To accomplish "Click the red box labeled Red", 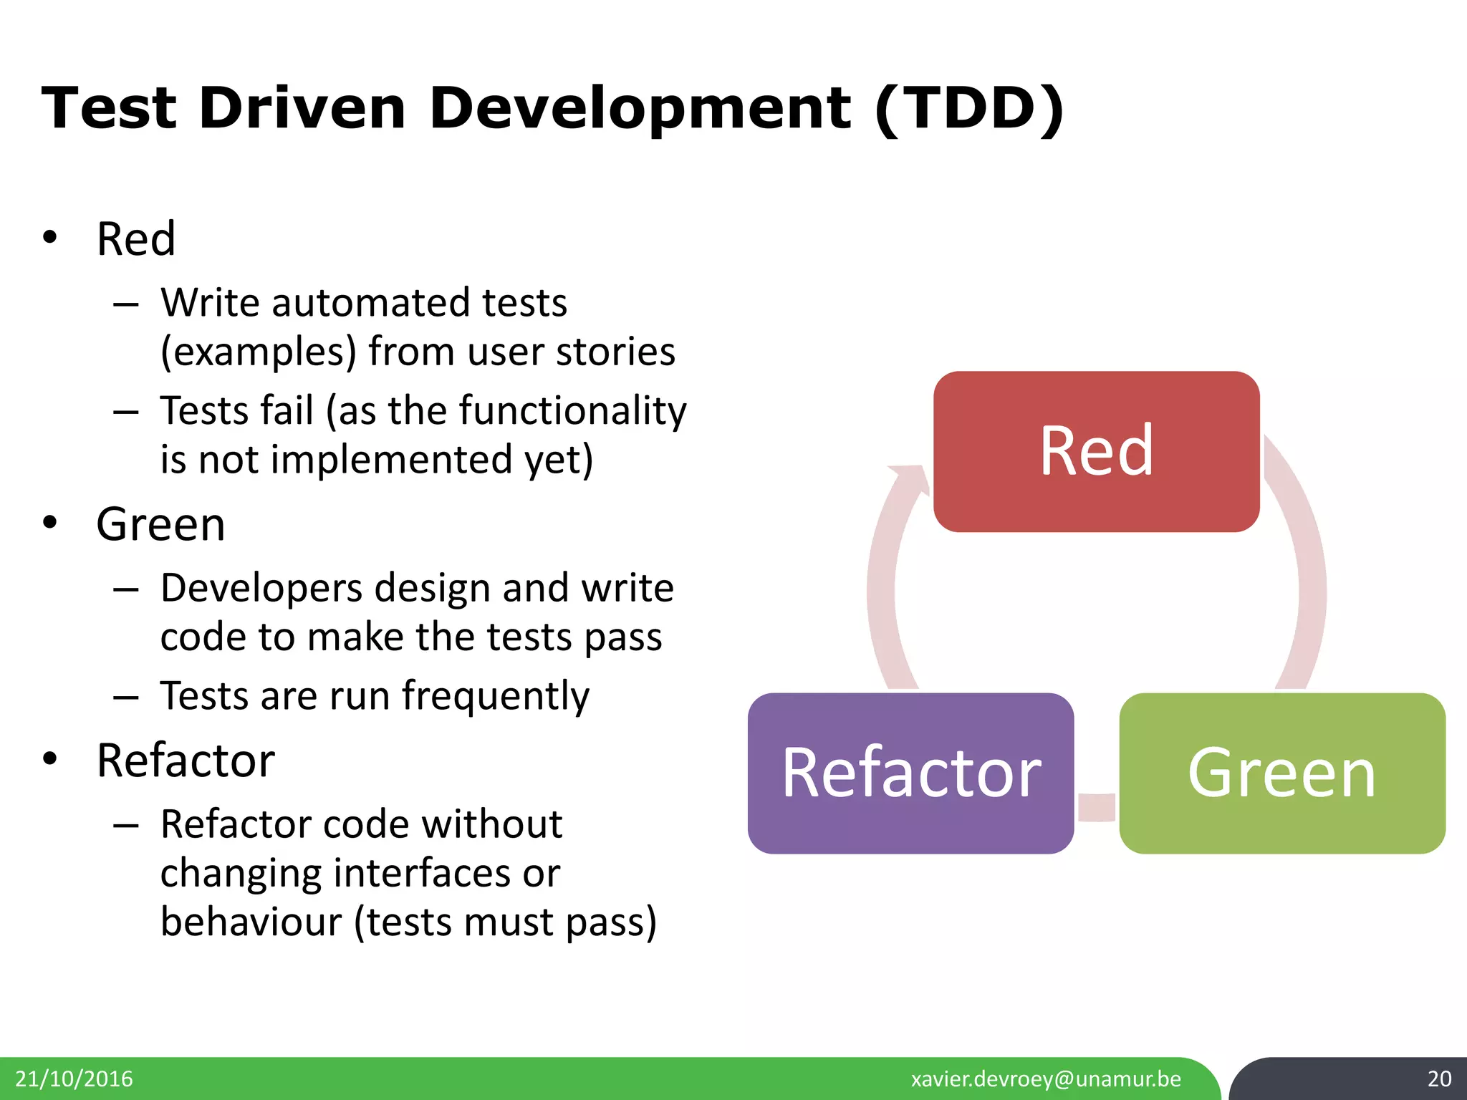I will point(1096,451).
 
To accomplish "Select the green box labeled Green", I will point(1281,773).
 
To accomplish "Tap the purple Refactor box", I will point(910,773).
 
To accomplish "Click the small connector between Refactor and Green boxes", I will point(1097,807).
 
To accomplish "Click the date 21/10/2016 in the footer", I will point(74,1079).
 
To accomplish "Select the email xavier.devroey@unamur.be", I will point(1046,1079).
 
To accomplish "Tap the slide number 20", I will point(1439,1079).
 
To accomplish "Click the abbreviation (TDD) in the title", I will point(969,109).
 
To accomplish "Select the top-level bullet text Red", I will point(136,239).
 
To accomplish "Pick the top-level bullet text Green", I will point(160,525).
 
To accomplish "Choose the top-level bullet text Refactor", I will point(186,761).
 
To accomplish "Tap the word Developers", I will point(261,589).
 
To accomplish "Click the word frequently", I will point(495,697).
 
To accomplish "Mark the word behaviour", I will point(251,922).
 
